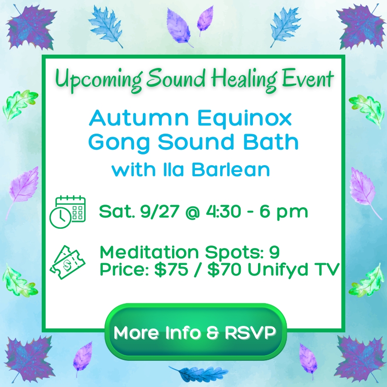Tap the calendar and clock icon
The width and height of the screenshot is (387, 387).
(68, 212)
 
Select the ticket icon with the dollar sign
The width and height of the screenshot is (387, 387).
(68, 262)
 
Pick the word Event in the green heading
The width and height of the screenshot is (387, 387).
(307, 79)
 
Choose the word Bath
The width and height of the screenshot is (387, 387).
(271, 141)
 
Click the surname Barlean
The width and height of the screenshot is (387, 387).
(230, 169)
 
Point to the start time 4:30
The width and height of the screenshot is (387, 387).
(223, 212)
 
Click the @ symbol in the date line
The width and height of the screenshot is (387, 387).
(192, 212)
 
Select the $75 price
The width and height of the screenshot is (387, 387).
(171, 269)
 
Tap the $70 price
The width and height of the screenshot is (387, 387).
(224, 269)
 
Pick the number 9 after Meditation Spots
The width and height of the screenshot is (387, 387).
(274, 252)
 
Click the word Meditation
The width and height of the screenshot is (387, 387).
(149, 252)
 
